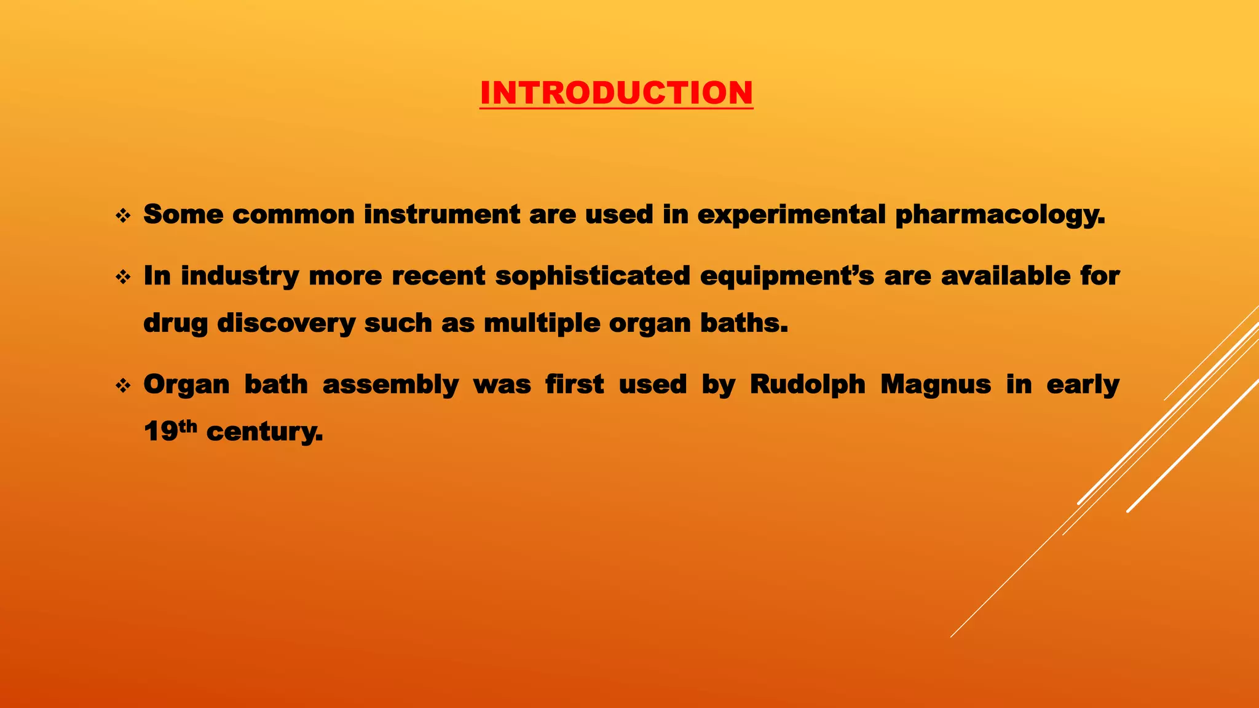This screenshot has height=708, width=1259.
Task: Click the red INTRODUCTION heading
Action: click(x=616, y=93)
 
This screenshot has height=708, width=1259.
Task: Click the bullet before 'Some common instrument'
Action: click(x=123, y=216)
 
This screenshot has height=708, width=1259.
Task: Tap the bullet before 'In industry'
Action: click(x=123, y=277)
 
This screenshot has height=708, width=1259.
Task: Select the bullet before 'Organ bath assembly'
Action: click(x=123, y=386)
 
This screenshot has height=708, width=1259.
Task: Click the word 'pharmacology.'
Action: click(x=1000, y=215)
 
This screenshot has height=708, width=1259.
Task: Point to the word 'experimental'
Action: click(x=791, y=215)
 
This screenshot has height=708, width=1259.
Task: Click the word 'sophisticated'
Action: click(x=593, y=276)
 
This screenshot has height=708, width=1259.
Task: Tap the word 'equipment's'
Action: click(x=787, y=277)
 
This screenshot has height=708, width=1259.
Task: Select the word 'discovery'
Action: click(x=286, y=323)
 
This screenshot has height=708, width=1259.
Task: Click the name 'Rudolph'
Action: click(x=807, y=385)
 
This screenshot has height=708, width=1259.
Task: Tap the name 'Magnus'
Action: click(x=936, y=385)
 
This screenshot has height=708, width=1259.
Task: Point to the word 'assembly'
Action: click(x=390, y=385)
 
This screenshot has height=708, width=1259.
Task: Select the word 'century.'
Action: click(x=264, y=432)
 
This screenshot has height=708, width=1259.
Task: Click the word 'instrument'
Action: click(x=441, y=215)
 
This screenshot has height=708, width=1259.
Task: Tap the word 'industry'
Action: click(x=240, y=277)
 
